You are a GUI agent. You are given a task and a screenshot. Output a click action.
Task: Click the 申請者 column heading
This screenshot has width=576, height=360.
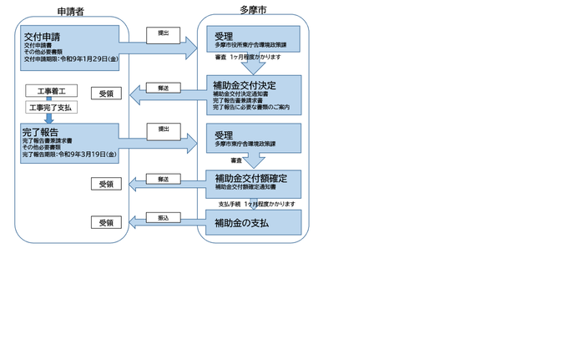click(x=71, y=12)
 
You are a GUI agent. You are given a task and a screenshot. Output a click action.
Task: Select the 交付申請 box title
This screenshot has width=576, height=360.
click(x=42, y=38)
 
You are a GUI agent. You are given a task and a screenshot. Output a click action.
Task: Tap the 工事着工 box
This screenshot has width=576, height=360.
click(x=52, y=90)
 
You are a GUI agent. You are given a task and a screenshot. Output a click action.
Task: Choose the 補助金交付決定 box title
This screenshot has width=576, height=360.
click(x=244, y=84)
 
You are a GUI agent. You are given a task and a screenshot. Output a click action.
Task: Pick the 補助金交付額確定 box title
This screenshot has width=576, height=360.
click(x=250, y=178)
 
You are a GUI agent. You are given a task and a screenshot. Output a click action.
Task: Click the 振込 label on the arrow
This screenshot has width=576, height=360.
click(x=163, y=218)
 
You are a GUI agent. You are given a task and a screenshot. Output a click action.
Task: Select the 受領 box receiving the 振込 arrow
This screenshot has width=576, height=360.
click(x=106, y=223)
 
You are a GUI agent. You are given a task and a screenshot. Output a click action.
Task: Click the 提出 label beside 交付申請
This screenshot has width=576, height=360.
click(x=163, y=33)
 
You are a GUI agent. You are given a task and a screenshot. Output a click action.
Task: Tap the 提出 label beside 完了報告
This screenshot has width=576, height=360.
click(x=163, y=129)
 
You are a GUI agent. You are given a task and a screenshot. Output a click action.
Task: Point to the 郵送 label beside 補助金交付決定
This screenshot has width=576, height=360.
click(x=163, y=88)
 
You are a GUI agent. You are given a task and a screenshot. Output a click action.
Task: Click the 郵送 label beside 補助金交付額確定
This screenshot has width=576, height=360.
click(x=163, y=179)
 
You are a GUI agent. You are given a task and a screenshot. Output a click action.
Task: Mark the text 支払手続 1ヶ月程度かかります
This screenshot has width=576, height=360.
click(x=256, y=204)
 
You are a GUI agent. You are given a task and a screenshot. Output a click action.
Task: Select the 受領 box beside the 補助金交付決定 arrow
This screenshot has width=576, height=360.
click(x=106, y=94)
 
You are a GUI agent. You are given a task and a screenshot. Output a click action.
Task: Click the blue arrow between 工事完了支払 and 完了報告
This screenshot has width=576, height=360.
click(x=49, y=119)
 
